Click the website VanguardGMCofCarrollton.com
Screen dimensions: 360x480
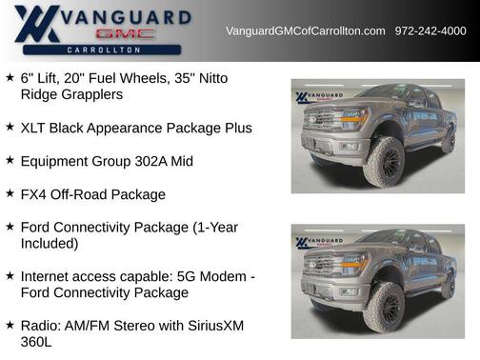pos(305,31)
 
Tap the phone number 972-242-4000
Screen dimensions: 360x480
pos(430,31)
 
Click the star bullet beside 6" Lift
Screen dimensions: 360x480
pos(10,77)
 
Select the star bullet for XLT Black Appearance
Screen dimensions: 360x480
pos(10,127)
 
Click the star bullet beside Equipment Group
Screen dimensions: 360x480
pos(10,160)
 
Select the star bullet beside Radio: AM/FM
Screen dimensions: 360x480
pos(10,325)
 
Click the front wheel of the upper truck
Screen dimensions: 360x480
pos(383,162)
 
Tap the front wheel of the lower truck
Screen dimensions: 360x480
pos(383,309)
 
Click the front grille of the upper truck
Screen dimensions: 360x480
pos(320,124)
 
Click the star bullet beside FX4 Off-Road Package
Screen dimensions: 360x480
pos(10,193)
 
